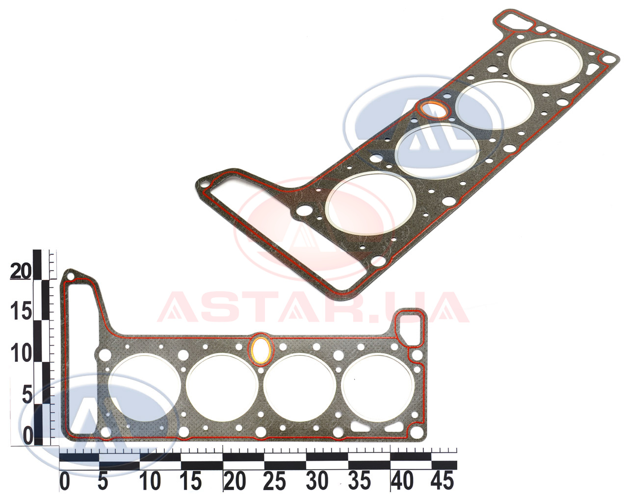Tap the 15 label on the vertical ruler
[21, 311]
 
